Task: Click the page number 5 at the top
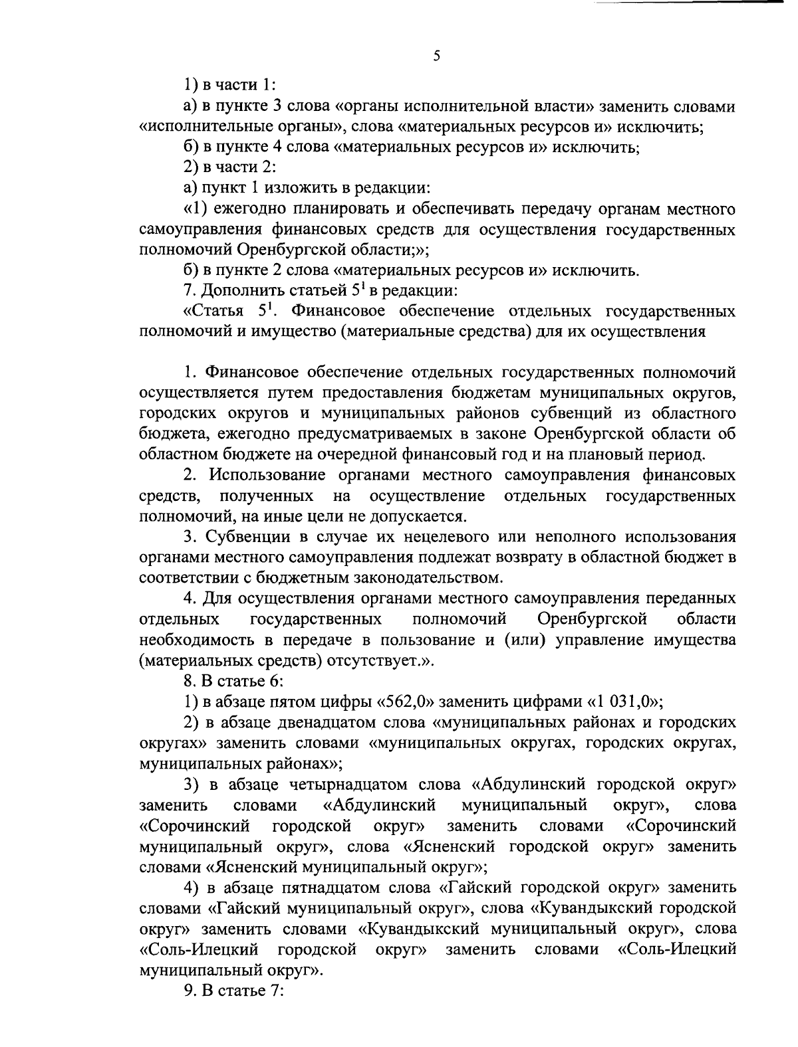pos(436,56)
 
